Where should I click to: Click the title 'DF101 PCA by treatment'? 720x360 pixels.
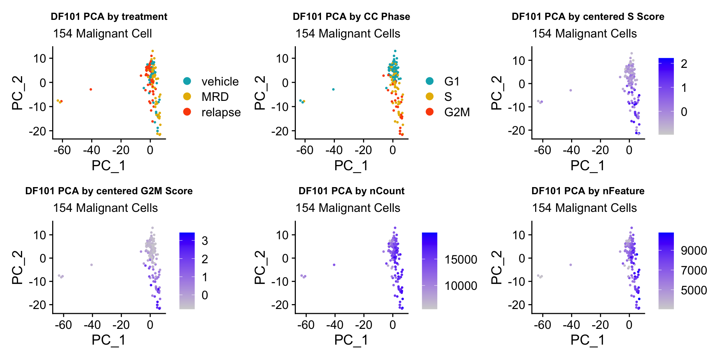coord(109,16)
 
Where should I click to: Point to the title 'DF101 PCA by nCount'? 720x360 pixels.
coord(351,191)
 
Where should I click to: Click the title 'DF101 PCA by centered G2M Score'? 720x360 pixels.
coord(109,191)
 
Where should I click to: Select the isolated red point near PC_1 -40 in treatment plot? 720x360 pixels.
coord(91,89)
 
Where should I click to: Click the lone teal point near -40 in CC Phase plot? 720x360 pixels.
coord(333,89)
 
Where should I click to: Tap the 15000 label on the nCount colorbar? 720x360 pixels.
coord(460,259)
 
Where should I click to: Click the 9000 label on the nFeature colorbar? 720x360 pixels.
coord(694,250)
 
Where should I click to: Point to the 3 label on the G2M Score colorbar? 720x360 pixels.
coord(205,241)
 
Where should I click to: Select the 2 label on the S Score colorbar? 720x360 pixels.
coord(684,64)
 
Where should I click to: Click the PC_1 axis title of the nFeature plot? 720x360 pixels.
coord(587,340)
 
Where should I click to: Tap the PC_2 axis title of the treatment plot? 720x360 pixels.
coord(17,93)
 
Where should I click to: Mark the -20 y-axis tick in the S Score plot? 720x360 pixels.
coord(517,130)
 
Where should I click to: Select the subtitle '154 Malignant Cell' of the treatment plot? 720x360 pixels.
coord(102,33)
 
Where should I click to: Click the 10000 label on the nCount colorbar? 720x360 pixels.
coord(460,286)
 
